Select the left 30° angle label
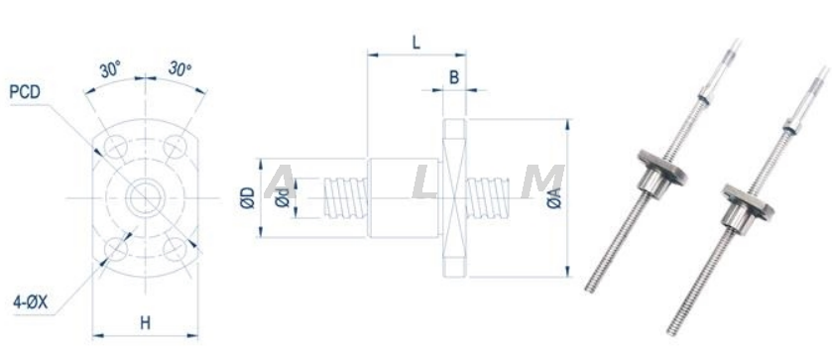[110, 70]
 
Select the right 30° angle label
[179, 68]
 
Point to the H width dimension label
[146, 322]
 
